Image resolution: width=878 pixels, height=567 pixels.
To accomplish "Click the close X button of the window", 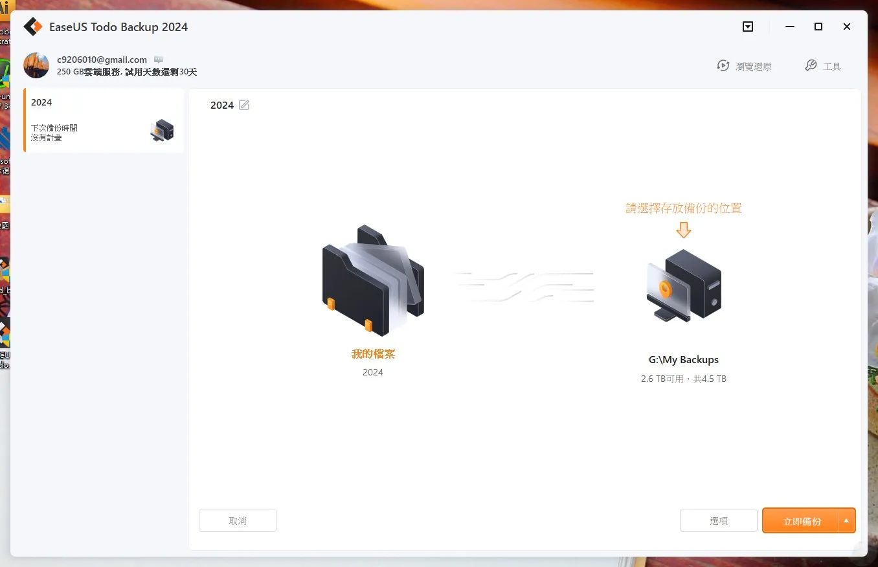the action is coord(847,27).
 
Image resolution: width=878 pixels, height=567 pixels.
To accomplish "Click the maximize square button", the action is coord(818,27).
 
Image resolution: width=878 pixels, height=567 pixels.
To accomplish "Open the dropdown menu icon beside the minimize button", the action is coord(747,27).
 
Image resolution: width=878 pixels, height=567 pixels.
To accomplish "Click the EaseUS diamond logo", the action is coord(33,27).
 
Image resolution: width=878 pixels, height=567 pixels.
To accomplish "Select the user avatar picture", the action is coord(36,65).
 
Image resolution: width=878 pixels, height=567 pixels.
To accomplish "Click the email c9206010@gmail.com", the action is coord(102,60).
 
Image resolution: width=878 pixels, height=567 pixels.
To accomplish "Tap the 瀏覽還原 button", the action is coord(744,66).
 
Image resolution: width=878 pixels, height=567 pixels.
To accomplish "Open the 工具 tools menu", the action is coord(823,66).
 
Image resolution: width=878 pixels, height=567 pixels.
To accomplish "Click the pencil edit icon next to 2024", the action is coord(244,105).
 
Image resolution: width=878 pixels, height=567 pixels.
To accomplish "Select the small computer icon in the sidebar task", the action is coord(162,130).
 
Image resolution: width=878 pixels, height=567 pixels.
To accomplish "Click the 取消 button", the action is coord(238,520).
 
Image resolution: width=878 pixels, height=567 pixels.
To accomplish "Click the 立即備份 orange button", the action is coord(801,521).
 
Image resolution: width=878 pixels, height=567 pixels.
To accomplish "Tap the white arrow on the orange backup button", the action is coord(846,521).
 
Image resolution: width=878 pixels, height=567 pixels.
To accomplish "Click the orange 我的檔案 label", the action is coord(373,354).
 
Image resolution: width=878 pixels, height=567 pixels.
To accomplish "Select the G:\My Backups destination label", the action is coord(684,360).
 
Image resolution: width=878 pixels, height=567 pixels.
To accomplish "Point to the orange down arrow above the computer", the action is coord(684,230).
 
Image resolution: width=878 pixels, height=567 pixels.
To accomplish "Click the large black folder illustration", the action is coord(373,280).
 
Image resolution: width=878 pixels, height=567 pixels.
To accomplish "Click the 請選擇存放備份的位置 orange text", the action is coord(684,208).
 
